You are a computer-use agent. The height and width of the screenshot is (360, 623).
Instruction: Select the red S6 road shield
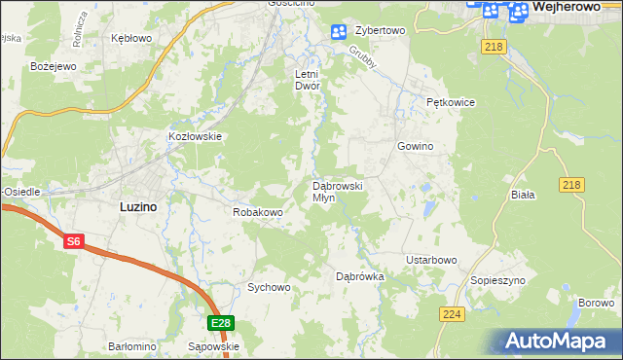[74, 242]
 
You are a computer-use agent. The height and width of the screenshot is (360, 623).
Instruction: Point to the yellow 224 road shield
[451, 313]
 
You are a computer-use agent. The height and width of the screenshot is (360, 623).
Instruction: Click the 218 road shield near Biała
[572, 185]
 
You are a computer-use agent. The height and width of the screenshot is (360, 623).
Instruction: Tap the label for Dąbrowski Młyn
[337, 191]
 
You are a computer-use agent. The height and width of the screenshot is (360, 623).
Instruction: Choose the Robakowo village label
[257, 211]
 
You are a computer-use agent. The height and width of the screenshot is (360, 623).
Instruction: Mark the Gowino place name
[414, 146]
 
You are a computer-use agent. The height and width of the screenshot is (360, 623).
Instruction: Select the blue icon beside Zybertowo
[338, 32]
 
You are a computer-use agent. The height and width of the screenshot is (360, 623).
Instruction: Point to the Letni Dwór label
[308, 80]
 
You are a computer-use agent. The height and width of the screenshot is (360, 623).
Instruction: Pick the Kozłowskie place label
[196, 137]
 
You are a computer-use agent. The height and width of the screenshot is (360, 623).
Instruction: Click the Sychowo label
[269, 287]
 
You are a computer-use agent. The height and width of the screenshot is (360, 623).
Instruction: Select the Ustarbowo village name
[431, 260]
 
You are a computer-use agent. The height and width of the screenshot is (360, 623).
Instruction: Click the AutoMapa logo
[559, 342]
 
